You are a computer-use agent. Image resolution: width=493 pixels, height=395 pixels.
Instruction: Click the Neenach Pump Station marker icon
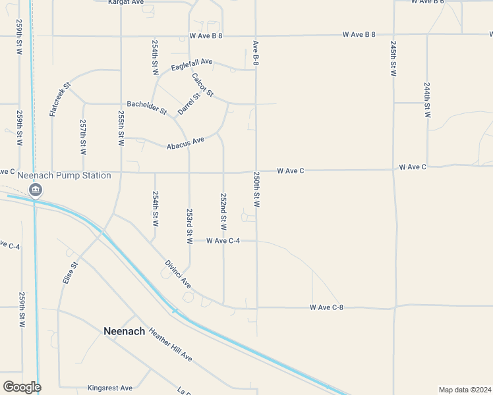click(36, 191)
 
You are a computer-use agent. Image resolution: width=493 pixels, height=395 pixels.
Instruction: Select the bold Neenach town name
click(124, 331)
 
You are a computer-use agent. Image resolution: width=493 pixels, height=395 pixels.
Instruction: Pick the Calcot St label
click(203, 85)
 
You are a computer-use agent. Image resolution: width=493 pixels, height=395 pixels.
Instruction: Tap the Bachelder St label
click(146, 107)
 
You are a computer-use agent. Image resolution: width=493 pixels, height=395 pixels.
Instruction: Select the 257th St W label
click(83, 137)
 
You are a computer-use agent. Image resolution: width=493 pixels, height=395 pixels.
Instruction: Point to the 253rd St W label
click(189, 226)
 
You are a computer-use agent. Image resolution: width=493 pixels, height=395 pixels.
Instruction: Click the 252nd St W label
click(223, 211)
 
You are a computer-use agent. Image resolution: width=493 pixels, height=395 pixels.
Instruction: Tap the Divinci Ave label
click(177, 275)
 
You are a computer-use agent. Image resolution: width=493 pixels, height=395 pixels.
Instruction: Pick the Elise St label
click(70, 273)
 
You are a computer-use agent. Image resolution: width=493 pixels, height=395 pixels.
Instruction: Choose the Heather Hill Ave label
click(170, 344)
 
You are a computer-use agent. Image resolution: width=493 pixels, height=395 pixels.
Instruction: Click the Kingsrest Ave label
click(110, 388)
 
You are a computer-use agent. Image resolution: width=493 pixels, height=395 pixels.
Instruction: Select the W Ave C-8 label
click(326, 307)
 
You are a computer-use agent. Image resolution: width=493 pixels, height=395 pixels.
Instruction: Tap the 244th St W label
click(428, 100)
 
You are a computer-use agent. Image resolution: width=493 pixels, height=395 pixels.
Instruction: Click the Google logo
click(21, 387)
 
